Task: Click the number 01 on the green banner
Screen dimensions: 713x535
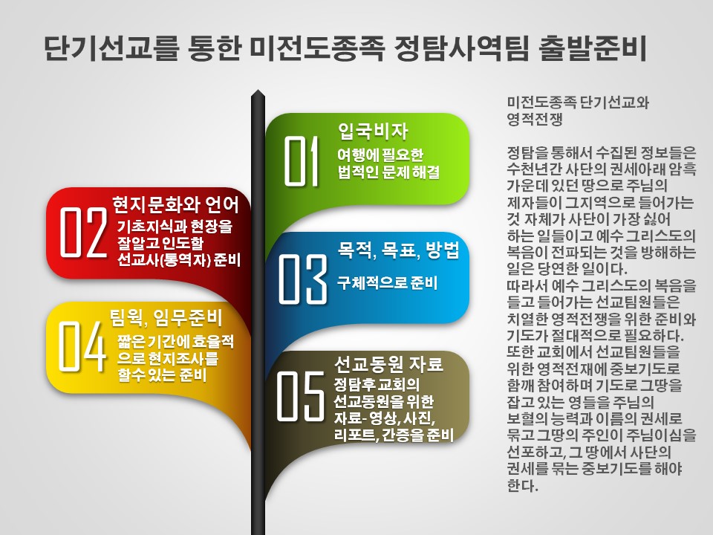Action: (x=302, y=161)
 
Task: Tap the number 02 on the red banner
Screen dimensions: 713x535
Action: (x=83, y=233)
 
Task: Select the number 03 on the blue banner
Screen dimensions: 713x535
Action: (x=302, y=279)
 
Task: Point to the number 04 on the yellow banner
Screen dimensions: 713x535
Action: (x=82, y=346)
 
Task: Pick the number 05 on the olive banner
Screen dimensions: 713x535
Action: (x=301, y=396)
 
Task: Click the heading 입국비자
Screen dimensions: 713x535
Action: (x=373, y=131)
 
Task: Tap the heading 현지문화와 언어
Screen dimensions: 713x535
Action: (x=175, y=205)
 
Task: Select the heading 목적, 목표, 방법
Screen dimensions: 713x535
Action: (x=398, y=250)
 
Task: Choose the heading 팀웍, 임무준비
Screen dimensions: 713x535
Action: (x=166, y=317)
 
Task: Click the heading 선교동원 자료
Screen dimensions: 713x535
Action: (x=388, y=363)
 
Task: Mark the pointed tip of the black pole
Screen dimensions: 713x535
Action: (x=258, y=90)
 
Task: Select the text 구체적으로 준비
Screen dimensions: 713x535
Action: (x=388, y=282)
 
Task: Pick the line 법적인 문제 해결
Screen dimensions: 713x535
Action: (x=388, y=172)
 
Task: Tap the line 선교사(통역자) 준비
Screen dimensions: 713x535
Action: (x=179, y=259)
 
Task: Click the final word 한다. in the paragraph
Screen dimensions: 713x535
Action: (x=522, y=485)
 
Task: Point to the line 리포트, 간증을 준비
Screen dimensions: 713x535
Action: (x=394, y=435)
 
